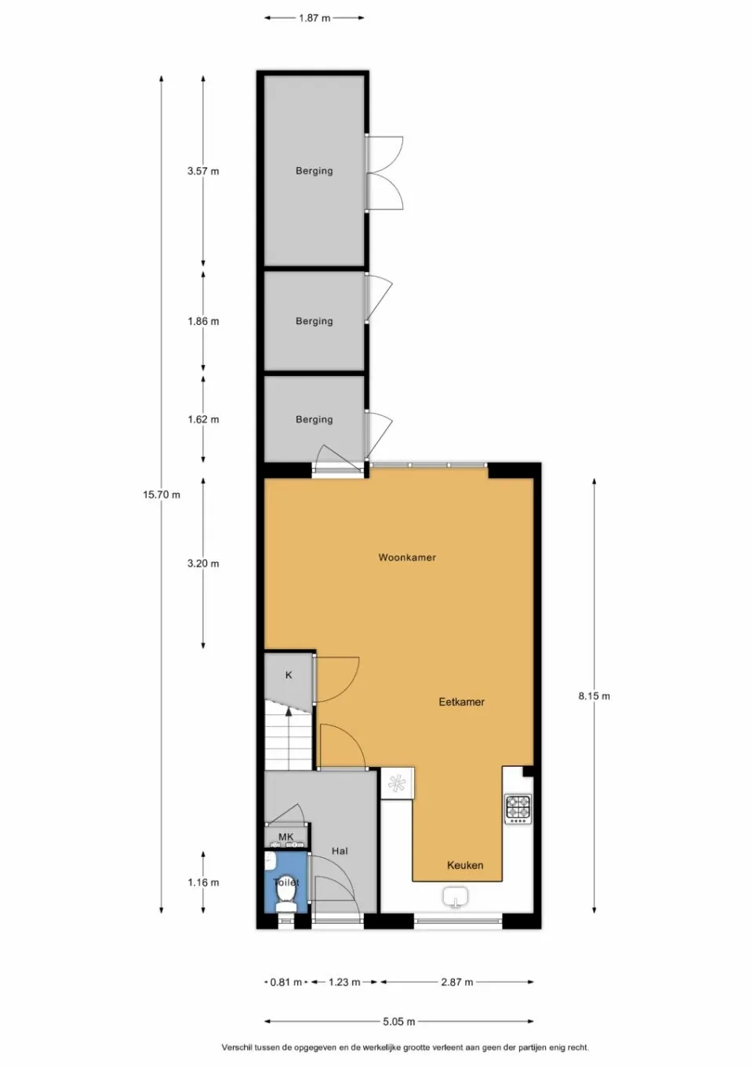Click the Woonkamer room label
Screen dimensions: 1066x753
coord(406,557)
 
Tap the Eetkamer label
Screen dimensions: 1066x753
coord(461,702)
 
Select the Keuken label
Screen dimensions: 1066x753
coord(464,865)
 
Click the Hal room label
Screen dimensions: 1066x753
coord(340,851)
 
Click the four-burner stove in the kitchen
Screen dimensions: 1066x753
coord(518,808)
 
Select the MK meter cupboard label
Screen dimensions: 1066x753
coord(286,838)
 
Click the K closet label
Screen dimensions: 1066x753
coord(289,675)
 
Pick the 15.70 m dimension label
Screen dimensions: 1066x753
coord(162,495)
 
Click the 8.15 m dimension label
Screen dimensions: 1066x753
coord(594,695)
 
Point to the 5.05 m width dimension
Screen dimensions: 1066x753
coord(398,1021)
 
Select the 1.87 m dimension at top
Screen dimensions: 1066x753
coord(314,18)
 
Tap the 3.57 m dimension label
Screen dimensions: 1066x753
coord(203,171)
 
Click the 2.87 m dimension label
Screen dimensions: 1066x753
coord(457,982)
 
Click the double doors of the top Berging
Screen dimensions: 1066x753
coord(385,173)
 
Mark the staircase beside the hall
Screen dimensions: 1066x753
coord(288,738)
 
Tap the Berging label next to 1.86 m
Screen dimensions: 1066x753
coord(314,321)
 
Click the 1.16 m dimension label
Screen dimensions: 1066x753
coord(203,882)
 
